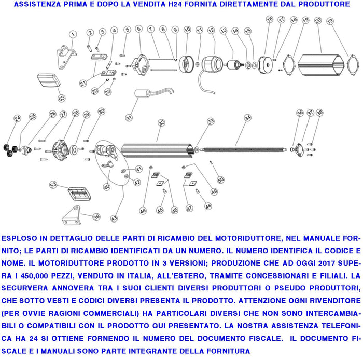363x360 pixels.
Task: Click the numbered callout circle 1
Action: pyautogui.click(x=73, y=35)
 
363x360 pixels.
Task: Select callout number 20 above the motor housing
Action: pyautogui.click(x=317, y=21)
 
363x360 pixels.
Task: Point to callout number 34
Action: pyautogui.click(x=247, y=118)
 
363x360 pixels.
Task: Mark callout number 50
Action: pyautogui.click(x=220, y=179)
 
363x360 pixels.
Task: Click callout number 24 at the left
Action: pyautogui.click(x=17, y=118)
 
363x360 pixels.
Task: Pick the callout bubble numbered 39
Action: pyautogui.click(x=97, y=216)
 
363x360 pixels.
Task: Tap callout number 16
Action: pyautogui.click(x=269, y=20)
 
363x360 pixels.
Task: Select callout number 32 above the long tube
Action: pyautogui.click(x=162, y=122)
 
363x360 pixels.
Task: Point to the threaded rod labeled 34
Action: pyautogui.click(x=244, y=150)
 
